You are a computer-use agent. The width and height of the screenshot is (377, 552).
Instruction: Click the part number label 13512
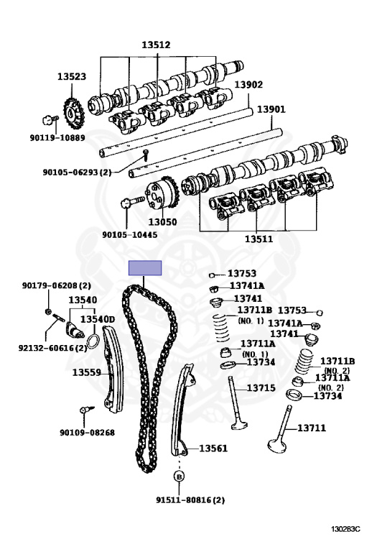pyautogui.click(x=156, y=45)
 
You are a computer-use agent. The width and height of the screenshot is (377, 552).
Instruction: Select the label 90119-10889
pyautogui.click(x=57, y=138)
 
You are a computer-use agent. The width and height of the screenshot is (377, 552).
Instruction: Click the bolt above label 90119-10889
pyautogui.click(x=50, y=120)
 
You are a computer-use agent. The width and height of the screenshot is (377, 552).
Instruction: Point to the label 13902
pyautogui.click(x=248, y=85)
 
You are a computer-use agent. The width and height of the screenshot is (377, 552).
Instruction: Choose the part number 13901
pyautogui.click(x=271, y=109)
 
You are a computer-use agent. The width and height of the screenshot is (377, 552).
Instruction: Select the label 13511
pyautogui.click(x=259, y=239)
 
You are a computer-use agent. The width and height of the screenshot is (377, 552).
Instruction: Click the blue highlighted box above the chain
pyautogui.click(x=145, y=268)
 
